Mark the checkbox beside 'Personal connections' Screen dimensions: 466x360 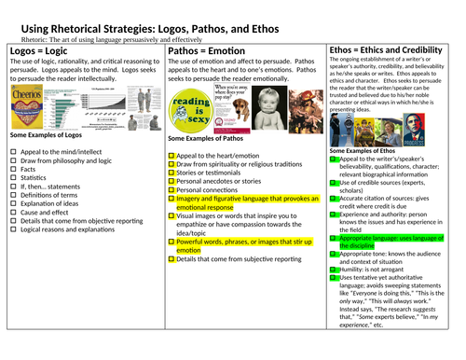point(171,188)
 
